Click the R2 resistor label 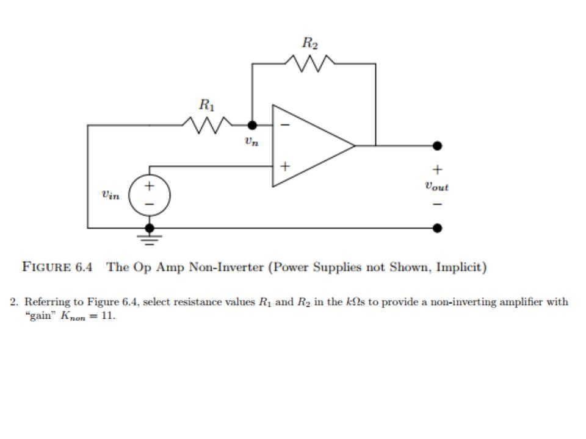point(310,43)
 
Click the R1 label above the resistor point(206,105)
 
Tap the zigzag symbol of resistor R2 point(310,63)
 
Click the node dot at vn point(252,125)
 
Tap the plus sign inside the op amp point(284,165)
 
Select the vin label point(111,195)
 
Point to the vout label point(436,187)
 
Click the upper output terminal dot point(437,146)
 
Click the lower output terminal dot point(437,228)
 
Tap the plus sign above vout point(437,170)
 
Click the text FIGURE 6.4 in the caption point(57,267)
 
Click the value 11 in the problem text point(108,317)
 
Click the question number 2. point(13,302)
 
